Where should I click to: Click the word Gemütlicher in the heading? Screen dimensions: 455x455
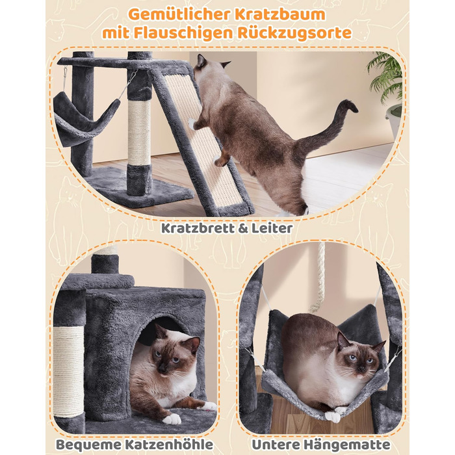(179, 14)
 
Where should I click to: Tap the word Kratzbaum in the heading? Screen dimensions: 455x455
(280, 14)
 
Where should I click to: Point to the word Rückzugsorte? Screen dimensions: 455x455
(294, 33)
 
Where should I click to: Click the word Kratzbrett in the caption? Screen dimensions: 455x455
(194, 228)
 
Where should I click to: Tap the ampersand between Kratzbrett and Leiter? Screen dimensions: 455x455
(239, 229)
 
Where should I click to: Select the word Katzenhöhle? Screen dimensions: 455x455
(169, 445)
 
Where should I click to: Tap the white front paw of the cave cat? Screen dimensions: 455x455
(172, 419)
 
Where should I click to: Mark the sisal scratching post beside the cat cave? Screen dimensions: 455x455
(68, 371)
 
